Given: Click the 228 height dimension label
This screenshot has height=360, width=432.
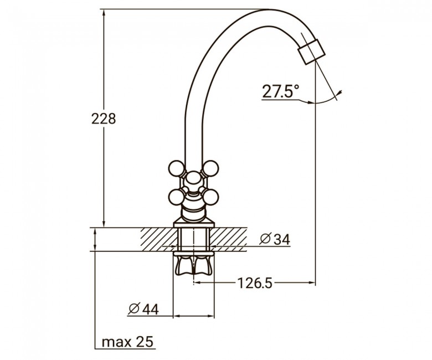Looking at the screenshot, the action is click(104, 119).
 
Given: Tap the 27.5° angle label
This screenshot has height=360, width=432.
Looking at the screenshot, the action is click(280, 91).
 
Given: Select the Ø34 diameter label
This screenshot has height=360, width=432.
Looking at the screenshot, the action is click(275, 239).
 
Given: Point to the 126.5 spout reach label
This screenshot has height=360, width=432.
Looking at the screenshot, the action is click(255, 283).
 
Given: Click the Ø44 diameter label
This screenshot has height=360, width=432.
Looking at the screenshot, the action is click(143, 309).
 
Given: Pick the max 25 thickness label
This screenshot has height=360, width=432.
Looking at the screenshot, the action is click(127, 342).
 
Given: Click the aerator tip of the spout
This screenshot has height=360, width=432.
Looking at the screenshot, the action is click(312, 52).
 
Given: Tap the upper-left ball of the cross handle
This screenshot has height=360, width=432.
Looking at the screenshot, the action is click(176, 168).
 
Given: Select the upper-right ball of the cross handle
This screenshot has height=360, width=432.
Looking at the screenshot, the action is click(210, 168).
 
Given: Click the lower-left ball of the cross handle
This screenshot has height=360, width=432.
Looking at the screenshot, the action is click(176, 197).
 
